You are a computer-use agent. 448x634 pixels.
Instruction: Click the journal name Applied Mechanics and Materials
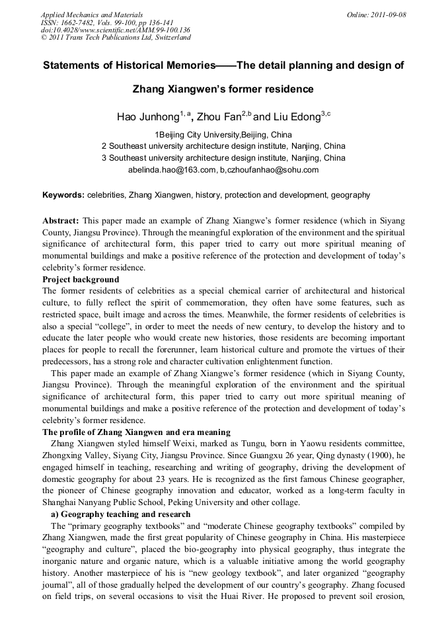point(92,14)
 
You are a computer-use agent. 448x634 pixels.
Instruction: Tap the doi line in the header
point(116,30)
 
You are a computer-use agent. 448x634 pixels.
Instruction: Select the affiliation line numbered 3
point(223,158)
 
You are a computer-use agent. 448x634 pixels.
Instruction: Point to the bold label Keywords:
point(63,195)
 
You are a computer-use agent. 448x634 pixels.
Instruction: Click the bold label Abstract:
point(61,219)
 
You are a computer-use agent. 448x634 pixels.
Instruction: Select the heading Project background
point(81,279)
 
